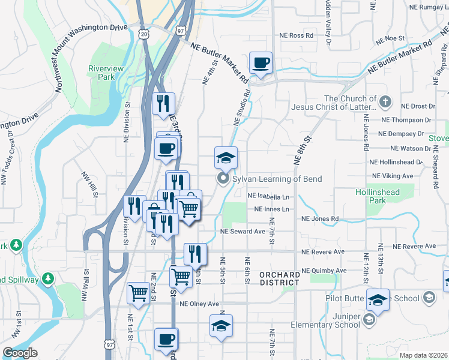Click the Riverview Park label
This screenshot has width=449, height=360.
[106, 73]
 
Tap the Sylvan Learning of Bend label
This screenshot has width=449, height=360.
[277, 179]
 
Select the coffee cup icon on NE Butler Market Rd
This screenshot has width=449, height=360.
[261, 63]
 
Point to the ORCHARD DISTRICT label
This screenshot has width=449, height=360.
[280, 278]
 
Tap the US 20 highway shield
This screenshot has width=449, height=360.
[143, 34]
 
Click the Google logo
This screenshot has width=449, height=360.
[20, 352]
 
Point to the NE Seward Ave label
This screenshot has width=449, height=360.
[243, 231]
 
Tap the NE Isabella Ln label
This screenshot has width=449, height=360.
[268, 196]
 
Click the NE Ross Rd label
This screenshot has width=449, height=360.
[297, 36]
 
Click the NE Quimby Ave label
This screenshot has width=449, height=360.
[324, 271]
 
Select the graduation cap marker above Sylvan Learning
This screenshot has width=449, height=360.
[226, 158]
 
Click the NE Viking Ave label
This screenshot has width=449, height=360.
[393, 176]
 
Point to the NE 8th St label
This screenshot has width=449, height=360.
[303, 151]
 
